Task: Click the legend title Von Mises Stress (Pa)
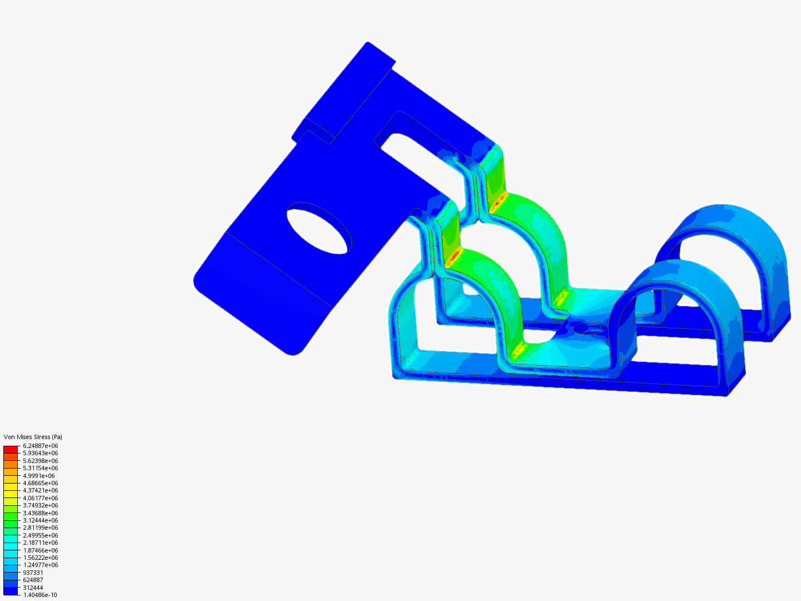(33, 437)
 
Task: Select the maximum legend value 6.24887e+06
(40, 446)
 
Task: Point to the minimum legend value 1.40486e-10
(39, 595)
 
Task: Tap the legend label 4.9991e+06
(38, 476)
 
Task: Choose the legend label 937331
(33, 573)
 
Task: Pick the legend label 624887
(33, 580)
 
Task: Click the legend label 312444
(33, 588)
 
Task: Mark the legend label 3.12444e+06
(40, 520)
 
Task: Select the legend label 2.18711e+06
(40, 543)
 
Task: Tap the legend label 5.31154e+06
(40, 468)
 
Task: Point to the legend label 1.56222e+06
(40, 558)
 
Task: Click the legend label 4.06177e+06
(40, 498)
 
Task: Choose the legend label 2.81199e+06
(40, 528)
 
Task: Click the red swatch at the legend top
(11, 449)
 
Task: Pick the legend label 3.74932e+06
(40, 505)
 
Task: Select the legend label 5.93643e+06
(40, 453)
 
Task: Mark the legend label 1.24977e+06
(40, 565)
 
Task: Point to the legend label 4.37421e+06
(40, 490)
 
